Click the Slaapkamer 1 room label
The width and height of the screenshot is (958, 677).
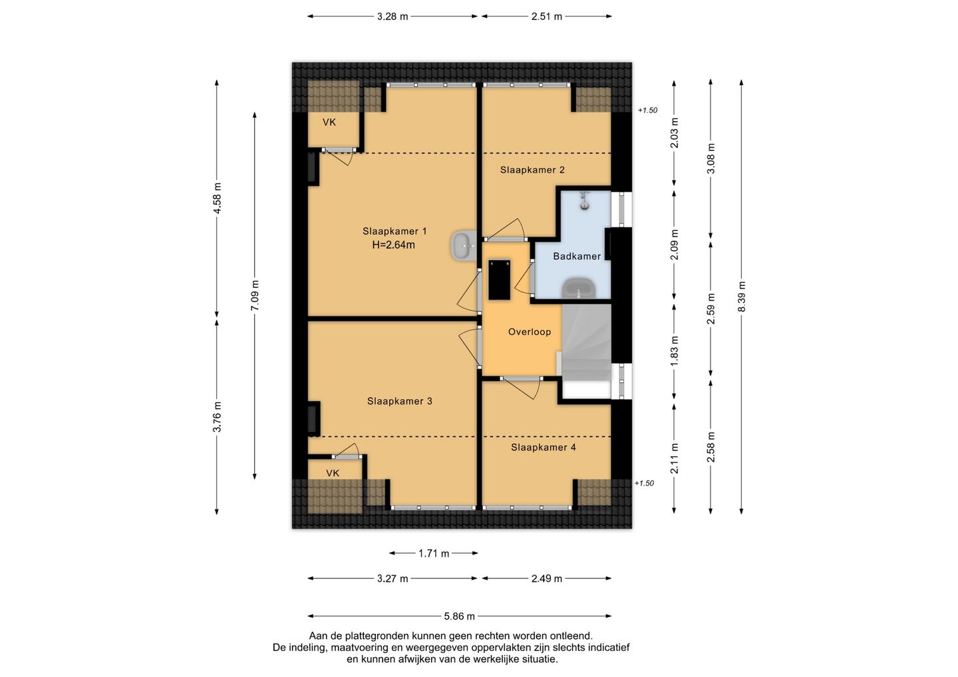click(x=395, y=231)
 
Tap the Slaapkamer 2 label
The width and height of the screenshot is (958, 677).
click(x=532, y=170)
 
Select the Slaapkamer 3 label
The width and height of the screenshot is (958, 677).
click(x=399, y=401)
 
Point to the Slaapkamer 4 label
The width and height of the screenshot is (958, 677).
click(x=543, y=447)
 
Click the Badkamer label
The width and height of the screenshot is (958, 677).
click(x=577, y=256)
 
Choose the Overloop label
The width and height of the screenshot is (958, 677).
click(x=529, y=332)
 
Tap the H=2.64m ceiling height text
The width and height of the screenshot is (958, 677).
click(x=393, y=245)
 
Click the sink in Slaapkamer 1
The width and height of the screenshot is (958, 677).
click(x=463, y=245)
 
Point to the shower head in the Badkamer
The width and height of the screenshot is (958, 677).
click(x=584, y=201)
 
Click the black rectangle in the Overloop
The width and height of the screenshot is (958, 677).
click(x=499, y=279)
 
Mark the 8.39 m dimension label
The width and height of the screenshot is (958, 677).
click(x=741, y=297)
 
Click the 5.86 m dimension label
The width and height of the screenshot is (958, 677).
click(x=459, y=616)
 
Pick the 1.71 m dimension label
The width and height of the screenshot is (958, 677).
click(x=433, y=553)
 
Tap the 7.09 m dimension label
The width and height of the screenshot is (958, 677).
click(x=254, y=296)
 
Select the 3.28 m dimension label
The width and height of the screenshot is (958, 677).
click(x=393, y=17)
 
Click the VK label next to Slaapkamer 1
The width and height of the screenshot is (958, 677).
click(x=329, y=122)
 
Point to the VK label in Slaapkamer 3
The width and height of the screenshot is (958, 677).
click(x=333, y=473)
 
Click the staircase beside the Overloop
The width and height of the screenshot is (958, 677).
click(x=586, y=342)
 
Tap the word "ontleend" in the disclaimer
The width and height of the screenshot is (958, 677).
click(x=571, y=636)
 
